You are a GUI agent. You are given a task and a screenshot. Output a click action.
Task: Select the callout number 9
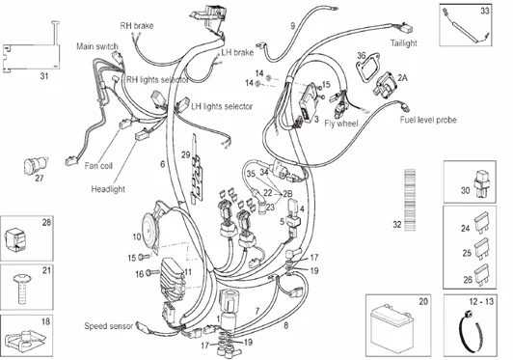pyautogui.click(x=292, y=23)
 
